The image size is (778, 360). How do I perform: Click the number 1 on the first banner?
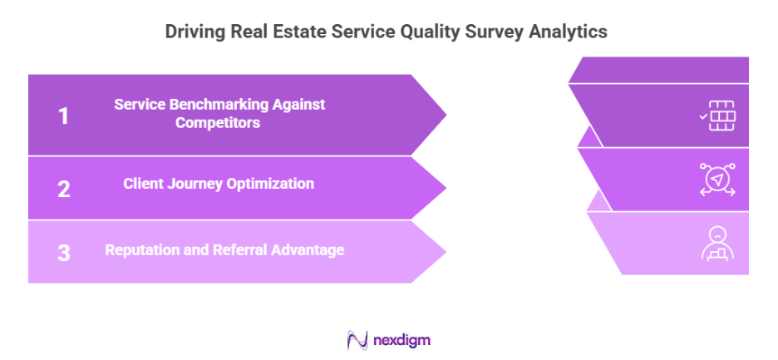63,116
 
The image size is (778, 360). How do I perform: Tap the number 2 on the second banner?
64,188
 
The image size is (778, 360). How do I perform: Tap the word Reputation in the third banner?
141,249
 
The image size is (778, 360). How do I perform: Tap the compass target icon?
716,180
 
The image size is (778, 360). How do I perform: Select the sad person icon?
716,243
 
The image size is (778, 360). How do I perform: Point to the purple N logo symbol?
357,340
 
